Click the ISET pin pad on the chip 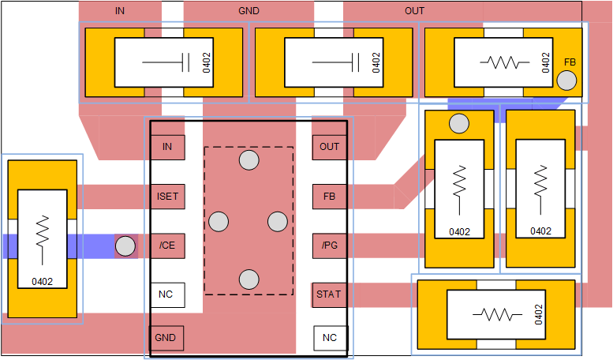167,197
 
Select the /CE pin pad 167,246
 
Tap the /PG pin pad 329,246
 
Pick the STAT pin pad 329,295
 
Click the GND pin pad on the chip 166,338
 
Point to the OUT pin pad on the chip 329,147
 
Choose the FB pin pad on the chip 329,197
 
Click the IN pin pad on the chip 167,147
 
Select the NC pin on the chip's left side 166,295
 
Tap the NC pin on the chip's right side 330,338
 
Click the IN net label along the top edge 120,11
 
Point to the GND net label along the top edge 249,11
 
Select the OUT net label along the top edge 414,11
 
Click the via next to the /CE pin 125,246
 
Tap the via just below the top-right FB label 566,81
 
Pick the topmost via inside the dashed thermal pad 249,160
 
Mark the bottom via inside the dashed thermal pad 249,279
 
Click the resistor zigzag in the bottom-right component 497,314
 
